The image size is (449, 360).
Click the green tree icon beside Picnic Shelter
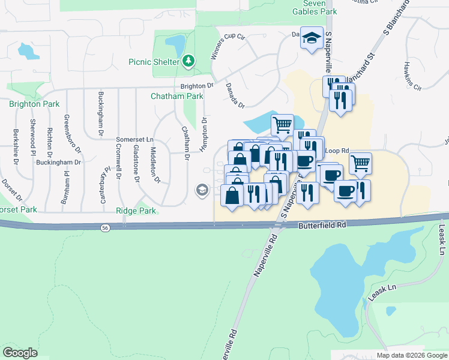pyautogui.click(x=188, y=61)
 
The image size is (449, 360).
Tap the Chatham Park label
pyautogui.click(x=177, y=96)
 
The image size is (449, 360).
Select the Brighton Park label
pyautogui.click(x=34, y=104)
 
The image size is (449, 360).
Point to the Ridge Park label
pyautogui.click(x=136, y=211)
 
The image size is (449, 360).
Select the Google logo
pyautogui.click(x=20, y=353)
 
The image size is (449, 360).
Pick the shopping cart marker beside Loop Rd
pyautogui.click(x=360, y=163)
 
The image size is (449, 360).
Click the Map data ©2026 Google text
pyautogui.click(x=412, y=355)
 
